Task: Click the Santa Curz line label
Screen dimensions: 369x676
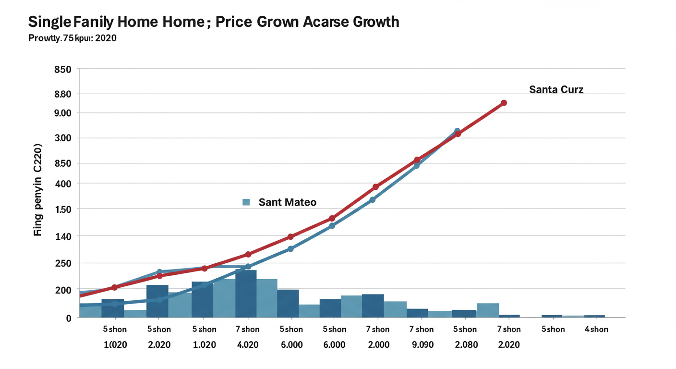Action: [x=556, y=89]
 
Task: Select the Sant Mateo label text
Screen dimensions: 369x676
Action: [x=287, y=202]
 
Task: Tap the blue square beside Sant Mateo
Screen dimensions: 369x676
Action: [x=246, y=202]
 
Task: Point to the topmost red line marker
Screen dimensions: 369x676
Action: [x=504, y=103]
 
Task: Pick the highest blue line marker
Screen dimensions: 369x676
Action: [x=457, y=131]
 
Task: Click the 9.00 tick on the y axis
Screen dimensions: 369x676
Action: [x=63, y=113]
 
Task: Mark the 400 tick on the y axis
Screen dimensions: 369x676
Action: [x=63, y=184]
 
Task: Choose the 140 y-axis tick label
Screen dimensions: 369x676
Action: [x=63, y=236]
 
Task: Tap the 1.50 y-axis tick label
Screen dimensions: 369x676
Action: [x=63, y=209]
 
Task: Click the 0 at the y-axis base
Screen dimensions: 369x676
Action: [x=69, y=318]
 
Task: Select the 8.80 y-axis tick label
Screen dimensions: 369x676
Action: [x=63, y=94]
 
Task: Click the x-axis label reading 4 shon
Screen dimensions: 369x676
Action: [x=596, y=329]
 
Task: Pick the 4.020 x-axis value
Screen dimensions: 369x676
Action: [x=248, y=345]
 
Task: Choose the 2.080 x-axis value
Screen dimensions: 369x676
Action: [x=465, y=345]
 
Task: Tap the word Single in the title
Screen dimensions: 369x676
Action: [x=49, y=22]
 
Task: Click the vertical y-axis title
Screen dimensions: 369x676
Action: [x=38, y=190]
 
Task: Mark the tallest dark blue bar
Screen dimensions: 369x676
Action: [x=246, y=293]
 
